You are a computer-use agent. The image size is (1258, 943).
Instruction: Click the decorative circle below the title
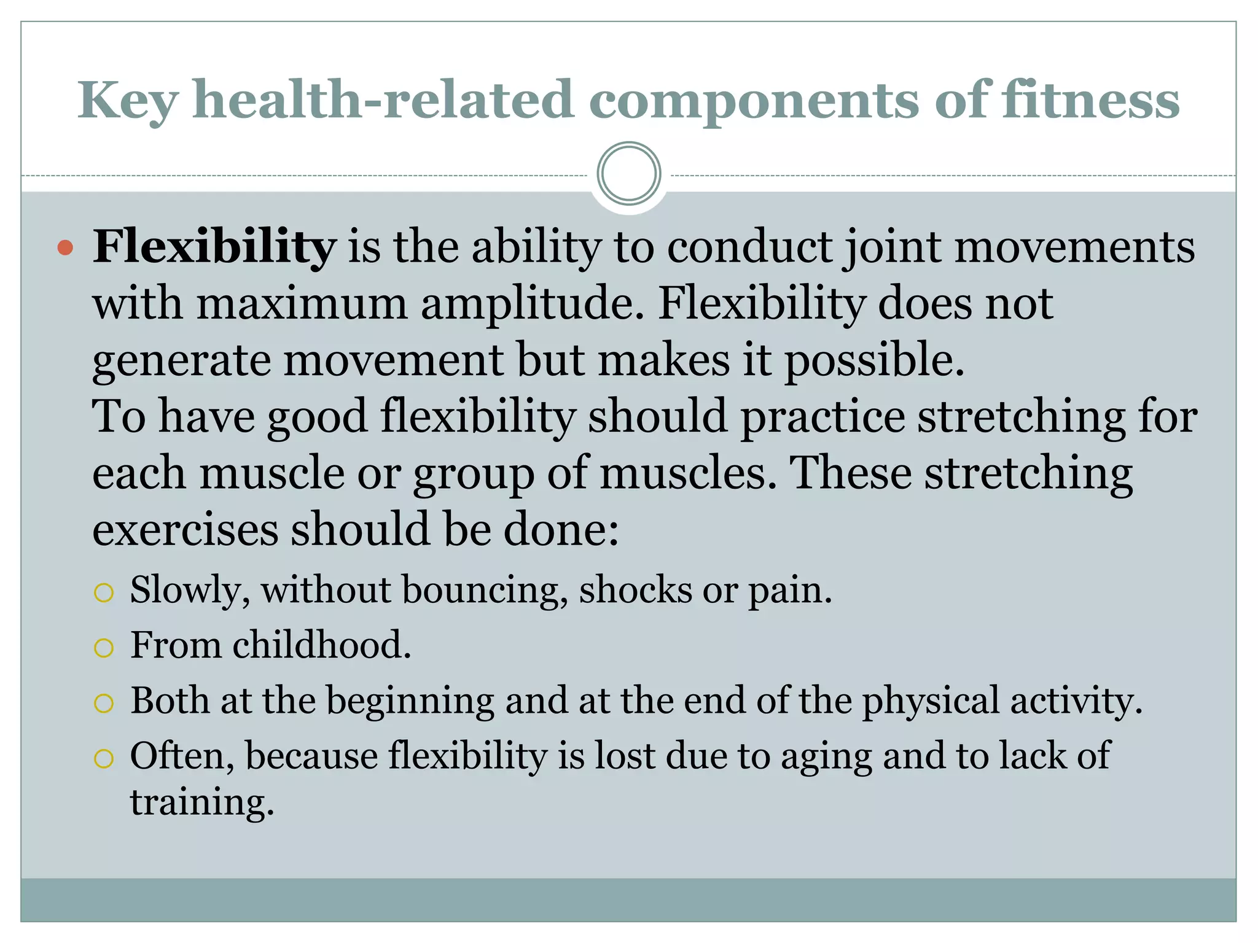[628, 173]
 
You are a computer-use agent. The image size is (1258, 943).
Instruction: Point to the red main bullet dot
[65, 248]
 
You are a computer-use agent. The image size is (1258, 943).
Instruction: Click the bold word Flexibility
[214, 247]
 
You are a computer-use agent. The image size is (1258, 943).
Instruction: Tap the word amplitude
[532, 303]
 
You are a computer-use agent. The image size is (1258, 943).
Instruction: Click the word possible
[873, 360]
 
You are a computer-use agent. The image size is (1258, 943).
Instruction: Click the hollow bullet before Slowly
[104, 592]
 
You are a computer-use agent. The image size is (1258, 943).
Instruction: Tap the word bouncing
[484, 591]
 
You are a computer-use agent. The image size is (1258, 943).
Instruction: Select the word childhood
[321, 645]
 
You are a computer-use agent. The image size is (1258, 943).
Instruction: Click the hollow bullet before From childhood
[104, 648]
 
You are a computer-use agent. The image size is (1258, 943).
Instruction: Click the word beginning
[410, 701]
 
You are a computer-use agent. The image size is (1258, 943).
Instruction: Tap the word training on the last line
[201, 802]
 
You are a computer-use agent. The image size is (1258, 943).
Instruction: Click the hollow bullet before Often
[104, 759]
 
